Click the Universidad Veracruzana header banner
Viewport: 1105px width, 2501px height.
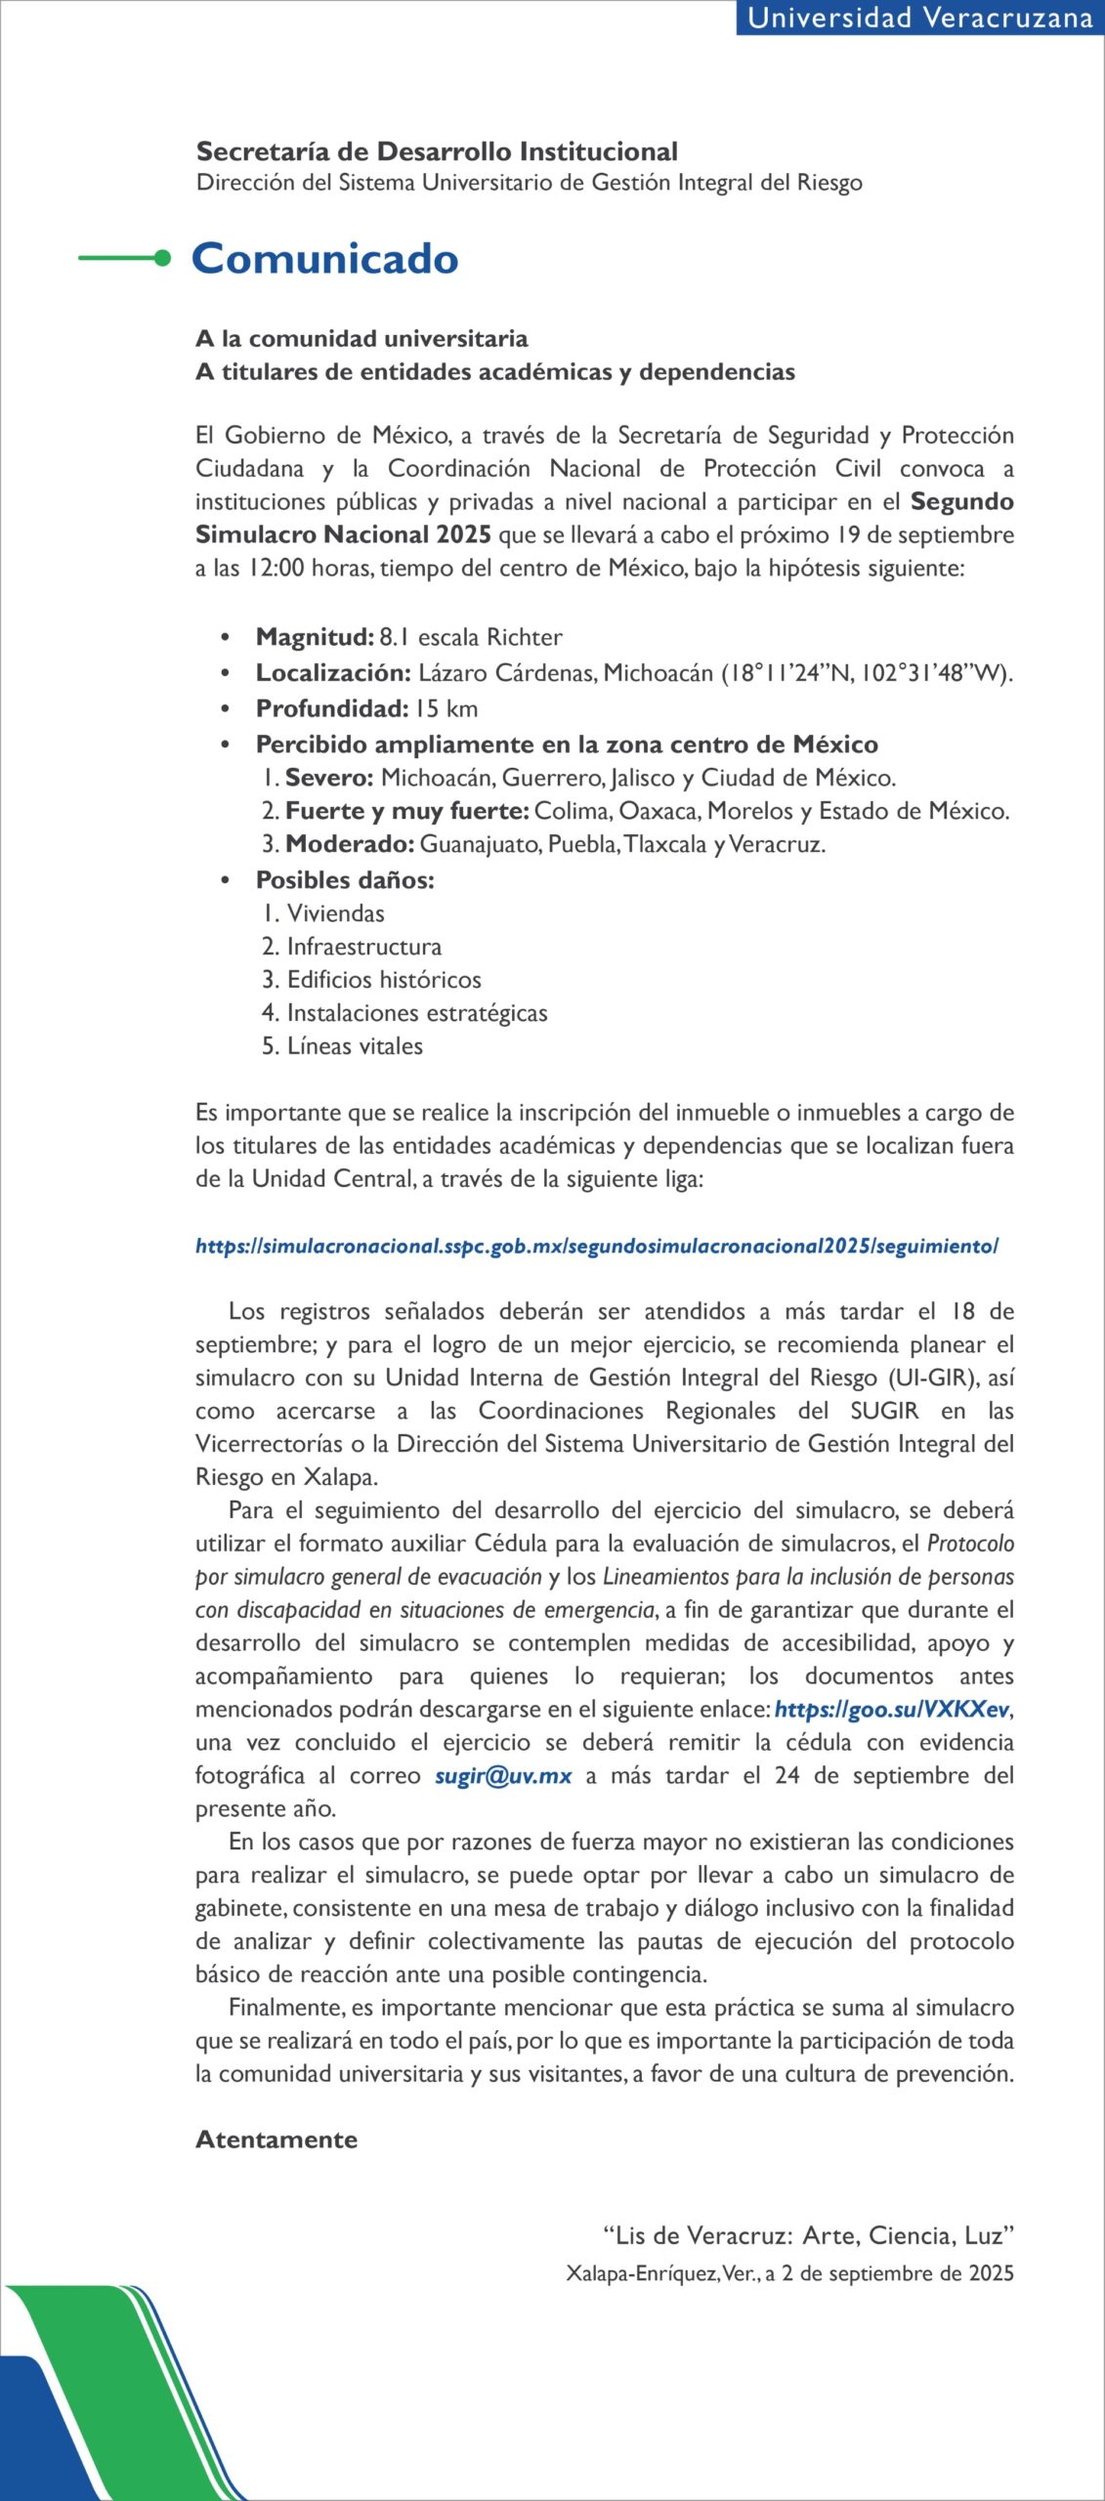(918, 19)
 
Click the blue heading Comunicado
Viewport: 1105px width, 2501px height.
(325, 259)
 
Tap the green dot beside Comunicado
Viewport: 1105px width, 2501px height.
(162, 258)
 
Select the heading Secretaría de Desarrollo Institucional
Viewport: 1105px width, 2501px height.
(437, 151)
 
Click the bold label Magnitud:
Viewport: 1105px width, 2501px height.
(315, 637)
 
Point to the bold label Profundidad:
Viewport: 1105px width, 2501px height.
(331, 708)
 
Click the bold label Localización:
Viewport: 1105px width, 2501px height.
(333, 673)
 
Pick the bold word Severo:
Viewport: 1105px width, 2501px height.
(329, 778)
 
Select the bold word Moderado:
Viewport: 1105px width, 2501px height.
(350, 844)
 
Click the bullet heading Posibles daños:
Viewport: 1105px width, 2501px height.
(345, 880)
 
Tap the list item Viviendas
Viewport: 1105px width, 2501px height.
(335, 913)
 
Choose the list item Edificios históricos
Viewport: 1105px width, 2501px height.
(383, 980)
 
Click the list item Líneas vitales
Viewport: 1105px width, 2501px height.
(355, 1046)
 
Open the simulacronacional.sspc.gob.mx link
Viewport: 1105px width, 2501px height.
(596, 1246)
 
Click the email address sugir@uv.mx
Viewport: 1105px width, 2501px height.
(503, 1776)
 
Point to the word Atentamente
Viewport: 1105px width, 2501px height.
(276, 2140)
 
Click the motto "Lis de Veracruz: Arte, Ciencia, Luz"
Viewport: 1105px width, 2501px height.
(808, 2235)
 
